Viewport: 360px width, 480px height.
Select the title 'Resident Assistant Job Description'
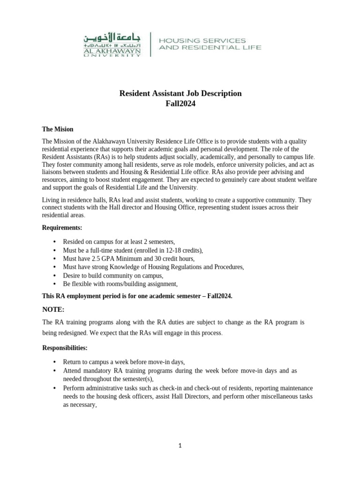point(180,93)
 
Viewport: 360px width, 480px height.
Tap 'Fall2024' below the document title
point(180,104)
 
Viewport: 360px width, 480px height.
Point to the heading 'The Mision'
point(58,129)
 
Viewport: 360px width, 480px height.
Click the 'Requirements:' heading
point(62,227)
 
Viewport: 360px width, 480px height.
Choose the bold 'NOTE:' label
point(53,309)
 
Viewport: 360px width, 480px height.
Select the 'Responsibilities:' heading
point(65,348)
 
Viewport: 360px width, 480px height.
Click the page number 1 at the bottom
point(180,446)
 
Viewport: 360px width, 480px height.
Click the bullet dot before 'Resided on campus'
point(54,242)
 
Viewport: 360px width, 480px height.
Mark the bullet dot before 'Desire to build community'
point(54,276)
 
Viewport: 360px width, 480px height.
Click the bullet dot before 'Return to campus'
point(54,362)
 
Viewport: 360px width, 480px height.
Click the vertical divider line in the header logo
point(150,44)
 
